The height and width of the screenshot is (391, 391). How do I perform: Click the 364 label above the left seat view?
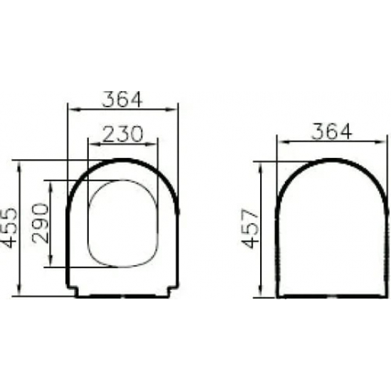[x=122, y=100]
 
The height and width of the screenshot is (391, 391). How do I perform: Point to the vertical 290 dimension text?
[x=41, y=224]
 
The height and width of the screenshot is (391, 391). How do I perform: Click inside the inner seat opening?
[x=122, y=224]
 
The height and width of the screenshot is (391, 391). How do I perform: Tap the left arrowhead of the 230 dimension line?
[x=89, y=143]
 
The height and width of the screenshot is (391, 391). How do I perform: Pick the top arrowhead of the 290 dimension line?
[x=50, y=183]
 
